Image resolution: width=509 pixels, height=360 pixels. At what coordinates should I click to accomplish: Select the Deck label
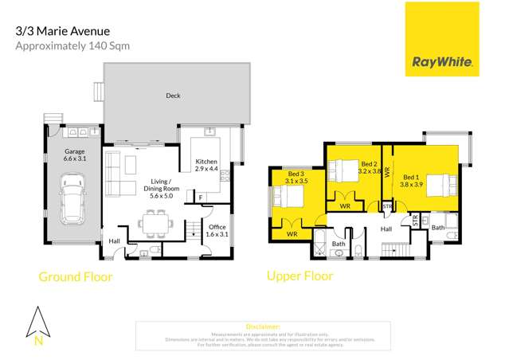tap(173, 96)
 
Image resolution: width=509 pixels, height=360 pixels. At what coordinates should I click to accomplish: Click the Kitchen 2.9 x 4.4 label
tap(206, 166)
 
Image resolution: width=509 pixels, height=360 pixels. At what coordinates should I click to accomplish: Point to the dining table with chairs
tap(151, 219)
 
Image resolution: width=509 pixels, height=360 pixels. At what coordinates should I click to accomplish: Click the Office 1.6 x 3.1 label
tap(217, 230)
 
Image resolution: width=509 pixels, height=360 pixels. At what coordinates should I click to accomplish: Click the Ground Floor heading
tap(76, 277)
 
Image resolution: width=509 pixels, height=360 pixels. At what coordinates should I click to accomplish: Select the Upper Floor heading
tap(300, 276)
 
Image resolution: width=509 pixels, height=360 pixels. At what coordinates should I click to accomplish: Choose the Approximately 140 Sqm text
tap(72, 46)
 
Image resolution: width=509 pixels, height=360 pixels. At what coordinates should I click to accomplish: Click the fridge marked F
tap(200, 197)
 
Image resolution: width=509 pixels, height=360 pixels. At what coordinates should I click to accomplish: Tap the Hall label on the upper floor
tap(386, 229)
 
